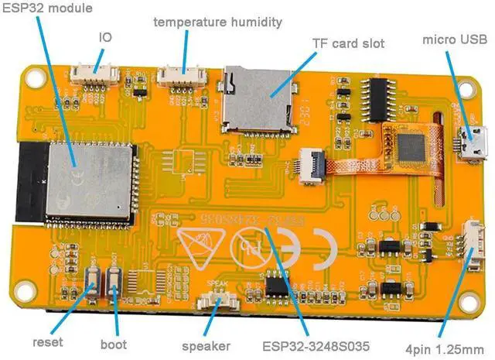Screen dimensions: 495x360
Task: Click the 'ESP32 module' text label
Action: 36,9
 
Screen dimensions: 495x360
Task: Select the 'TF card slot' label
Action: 347,43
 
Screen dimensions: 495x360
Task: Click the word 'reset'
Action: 47,342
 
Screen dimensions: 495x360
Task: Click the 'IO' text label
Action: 105,36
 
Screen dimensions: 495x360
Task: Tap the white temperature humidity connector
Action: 177,76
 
